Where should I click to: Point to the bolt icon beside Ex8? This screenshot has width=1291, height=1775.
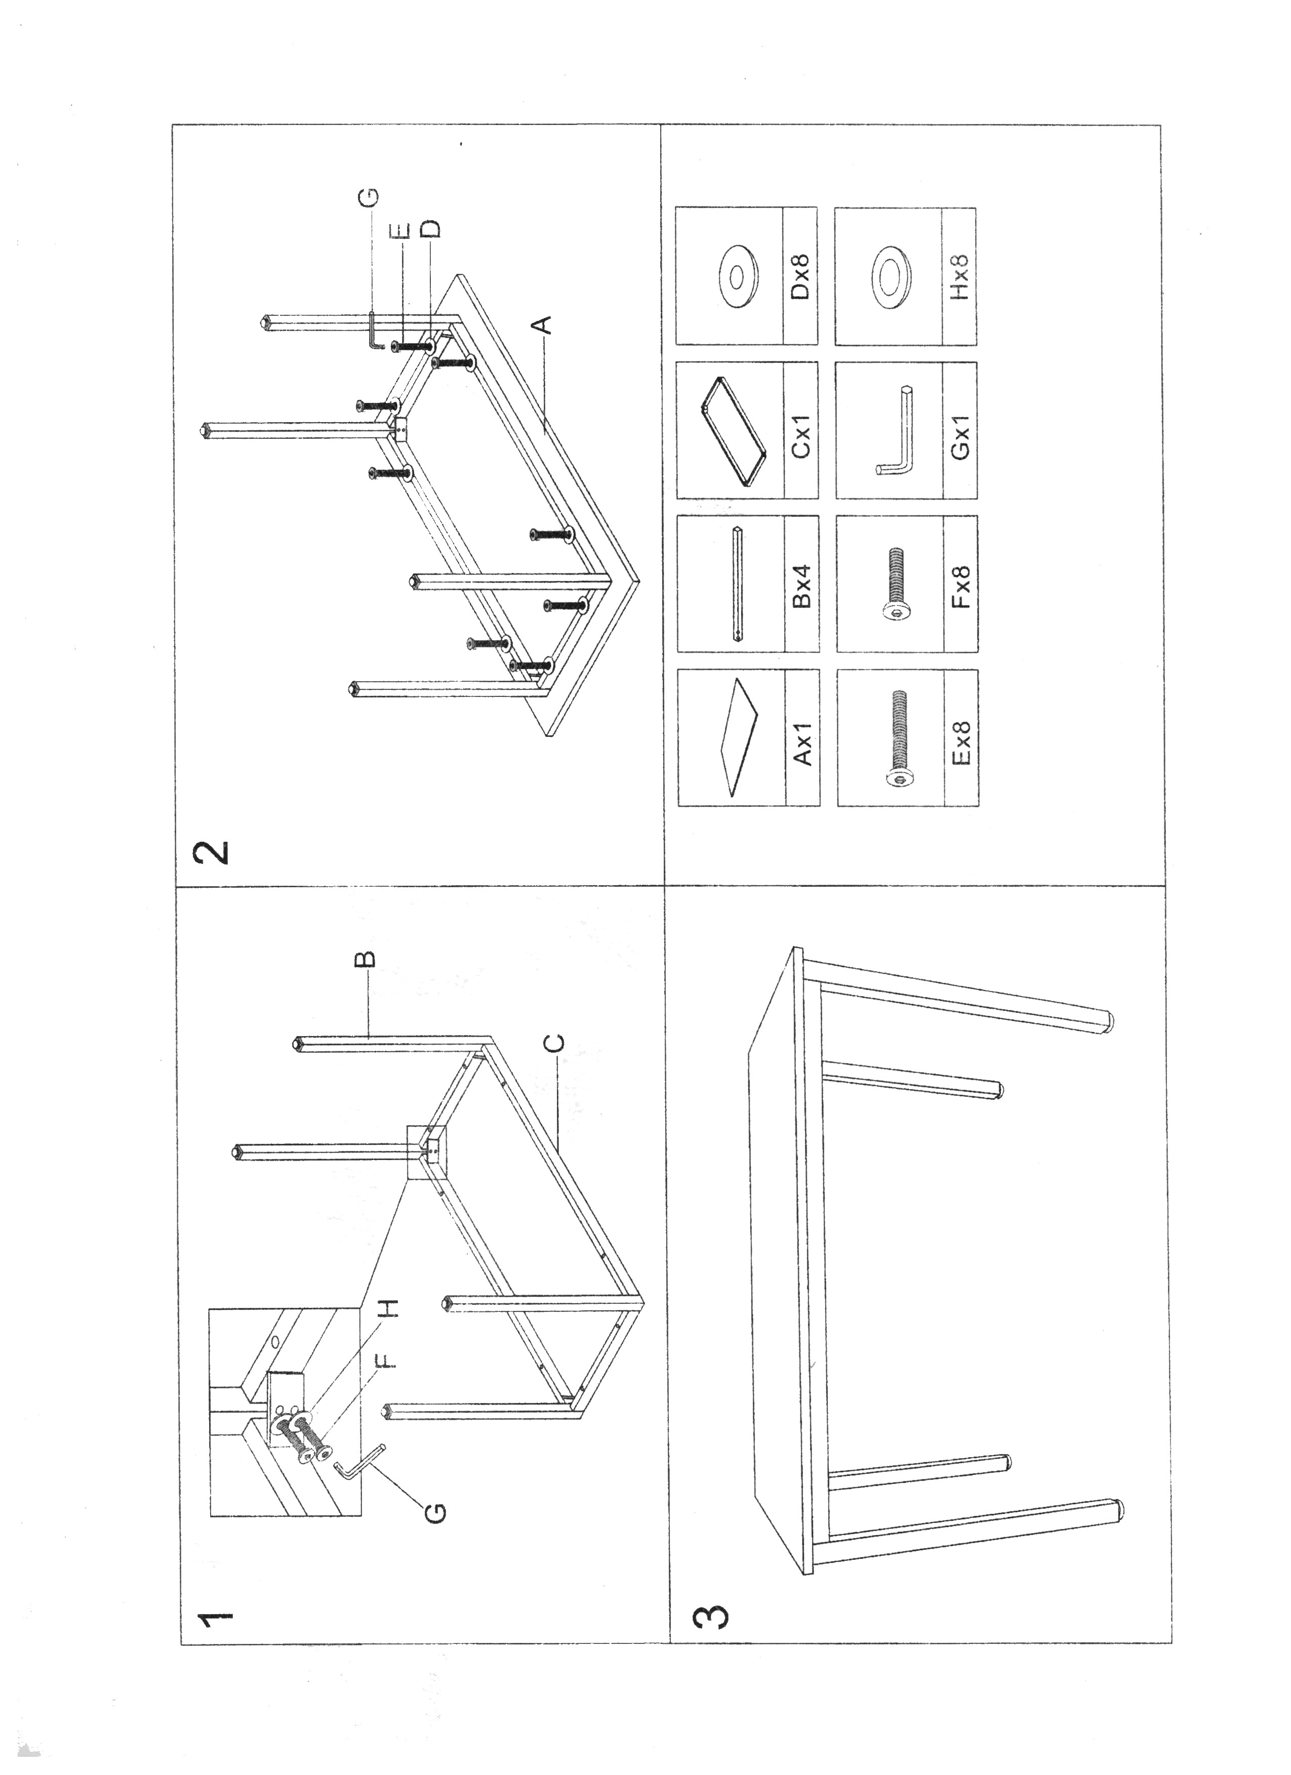click(900, 739)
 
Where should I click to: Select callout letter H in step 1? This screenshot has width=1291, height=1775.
click(390, 1307)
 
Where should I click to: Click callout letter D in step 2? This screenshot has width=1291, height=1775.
click(431, 229)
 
